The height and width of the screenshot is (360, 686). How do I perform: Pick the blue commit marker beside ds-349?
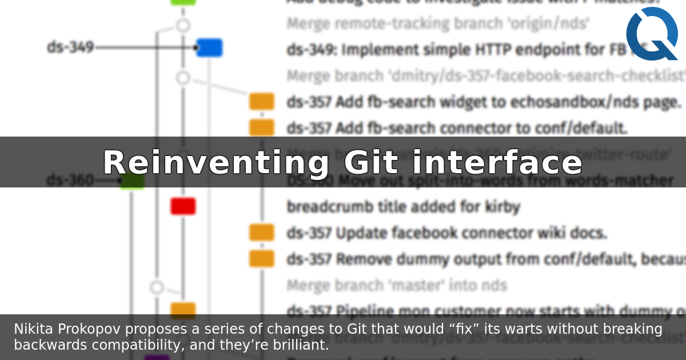click(209, 48)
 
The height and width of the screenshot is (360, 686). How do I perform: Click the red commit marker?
click(183, 206)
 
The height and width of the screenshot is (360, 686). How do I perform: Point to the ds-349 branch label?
click(70, 47)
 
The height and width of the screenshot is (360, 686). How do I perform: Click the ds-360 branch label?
click(70, 181)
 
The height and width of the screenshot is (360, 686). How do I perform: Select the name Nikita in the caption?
click(31, 329)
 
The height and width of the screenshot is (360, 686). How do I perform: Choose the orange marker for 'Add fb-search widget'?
click(261, 102)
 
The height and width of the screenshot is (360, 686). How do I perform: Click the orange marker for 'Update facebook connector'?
click(261, 233)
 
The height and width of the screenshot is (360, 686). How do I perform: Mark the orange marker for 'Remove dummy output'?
click(261, 259)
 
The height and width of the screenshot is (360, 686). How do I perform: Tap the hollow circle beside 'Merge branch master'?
click(157, 287)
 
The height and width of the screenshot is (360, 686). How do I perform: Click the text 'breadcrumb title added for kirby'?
click(403, 206)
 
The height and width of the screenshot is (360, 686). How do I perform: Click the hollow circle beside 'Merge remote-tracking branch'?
click(183, 25)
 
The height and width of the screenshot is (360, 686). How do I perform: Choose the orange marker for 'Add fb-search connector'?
click(261, 127)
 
